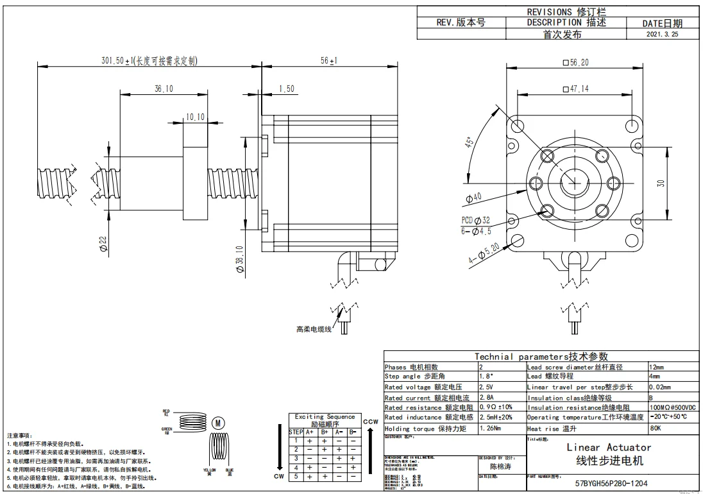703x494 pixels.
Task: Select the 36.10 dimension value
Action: coord(164,89)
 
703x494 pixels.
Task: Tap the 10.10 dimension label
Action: coord(195,117)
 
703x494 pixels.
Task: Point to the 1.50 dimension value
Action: coord(286,89)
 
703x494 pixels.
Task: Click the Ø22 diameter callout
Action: coord(103,243)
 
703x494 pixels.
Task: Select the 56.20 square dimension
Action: coord(575,62)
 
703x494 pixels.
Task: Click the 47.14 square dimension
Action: coord(575,89)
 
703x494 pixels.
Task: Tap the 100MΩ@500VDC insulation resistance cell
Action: coord(672,407)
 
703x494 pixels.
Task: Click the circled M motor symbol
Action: coord(218,423)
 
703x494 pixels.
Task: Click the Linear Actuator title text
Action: coord(609,447)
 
